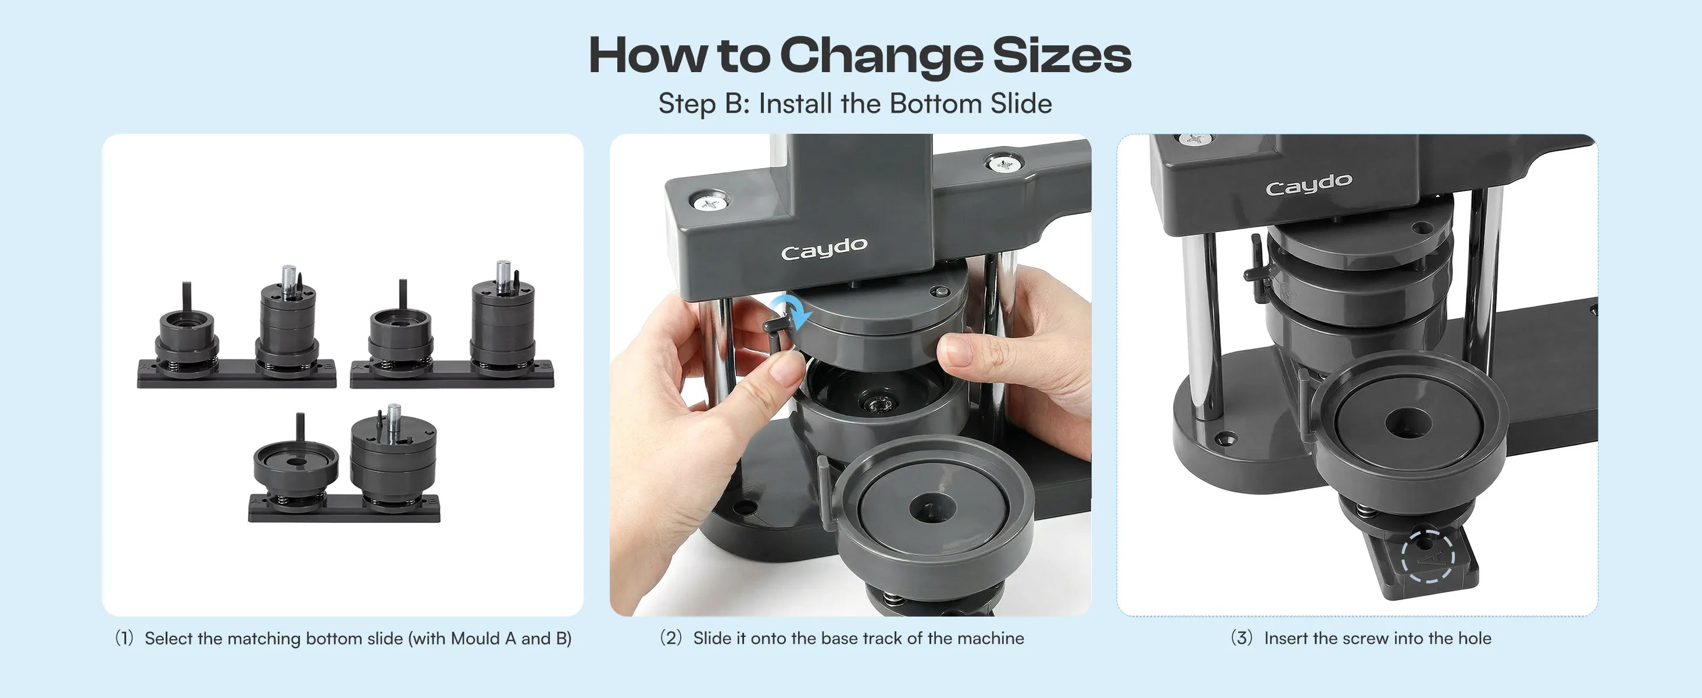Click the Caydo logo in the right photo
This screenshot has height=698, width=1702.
point(1309,184)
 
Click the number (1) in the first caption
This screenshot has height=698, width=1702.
point(124,639)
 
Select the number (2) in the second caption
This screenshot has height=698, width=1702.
point(671,639)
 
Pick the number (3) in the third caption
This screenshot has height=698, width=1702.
point(1242,639)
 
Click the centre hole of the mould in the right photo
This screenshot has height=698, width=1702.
point(1408,423)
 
